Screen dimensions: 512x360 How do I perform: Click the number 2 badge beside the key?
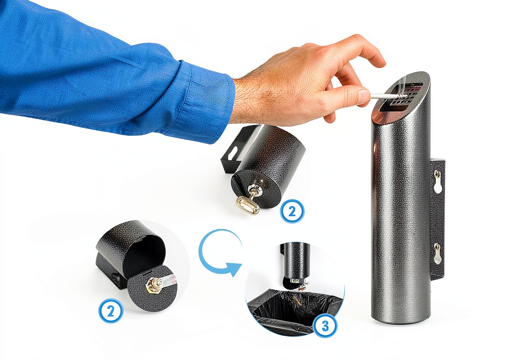coord(292,211)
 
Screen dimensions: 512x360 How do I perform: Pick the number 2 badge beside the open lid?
coord(110,311)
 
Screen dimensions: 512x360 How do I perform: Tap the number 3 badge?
coord(325,325)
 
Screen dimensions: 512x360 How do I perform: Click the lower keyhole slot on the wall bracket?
coord(437,253)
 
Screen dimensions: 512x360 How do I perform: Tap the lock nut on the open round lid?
coord(152,283)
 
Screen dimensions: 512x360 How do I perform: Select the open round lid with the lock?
coord(152,288)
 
